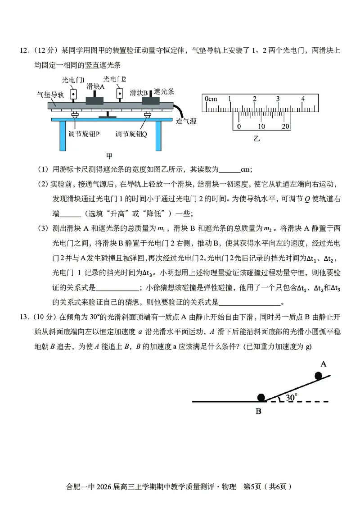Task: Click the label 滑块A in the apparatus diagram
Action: pos(95,86)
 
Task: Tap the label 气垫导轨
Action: pos(50,95)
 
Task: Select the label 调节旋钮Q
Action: pos(131,134)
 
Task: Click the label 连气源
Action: pos(186,121)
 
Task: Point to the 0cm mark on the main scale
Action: pos(210,99)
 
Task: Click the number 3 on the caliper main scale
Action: pos(278,99)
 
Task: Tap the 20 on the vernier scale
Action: pos(285,126)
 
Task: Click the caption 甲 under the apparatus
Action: pos(109,156)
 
